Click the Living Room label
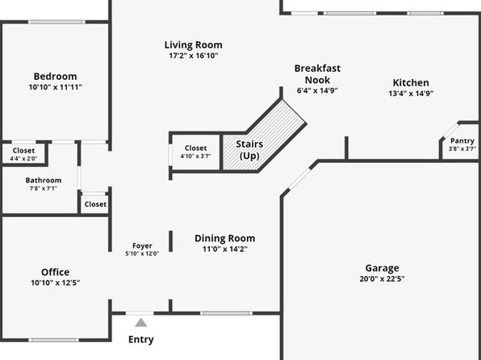(193, 45)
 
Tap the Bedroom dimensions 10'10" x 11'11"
(56, 87)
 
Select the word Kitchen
(411, 82)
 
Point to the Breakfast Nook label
(317, 74)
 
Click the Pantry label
(462, 141)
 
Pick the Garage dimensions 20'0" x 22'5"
(382, 279)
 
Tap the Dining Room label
(225, 238)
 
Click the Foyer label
(142, 246)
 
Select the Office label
(55, 272)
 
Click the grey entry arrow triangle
(141, 323)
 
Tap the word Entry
(141, 340)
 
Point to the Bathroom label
(44, 180)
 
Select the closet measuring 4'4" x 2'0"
(24, 153)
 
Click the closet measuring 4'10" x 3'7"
(196, 152)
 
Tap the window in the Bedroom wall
(56, 22)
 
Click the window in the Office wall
(54, 340)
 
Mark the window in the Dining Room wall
(227, 313)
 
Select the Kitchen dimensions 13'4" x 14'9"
(411, 94)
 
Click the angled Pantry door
(450, 131)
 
